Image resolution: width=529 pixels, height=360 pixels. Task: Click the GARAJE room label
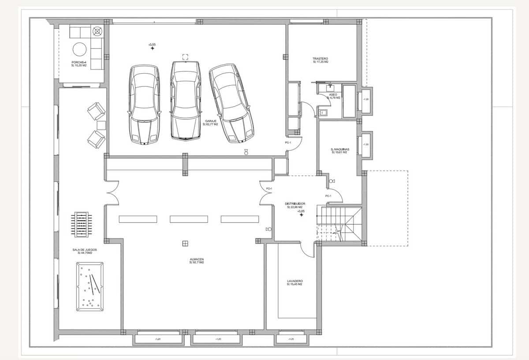[210, 122]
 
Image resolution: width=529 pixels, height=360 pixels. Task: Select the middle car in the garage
[186, 100]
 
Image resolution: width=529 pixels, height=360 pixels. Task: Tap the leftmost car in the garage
[144, 104]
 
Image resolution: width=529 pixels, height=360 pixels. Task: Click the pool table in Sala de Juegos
[90, 286]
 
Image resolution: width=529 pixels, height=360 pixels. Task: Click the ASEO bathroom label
[333, 96]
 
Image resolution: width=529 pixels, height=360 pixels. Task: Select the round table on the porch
[80, 48]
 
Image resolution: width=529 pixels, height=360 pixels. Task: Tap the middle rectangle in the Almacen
[189, 219]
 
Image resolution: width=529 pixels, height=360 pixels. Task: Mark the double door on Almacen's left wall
[112, 193]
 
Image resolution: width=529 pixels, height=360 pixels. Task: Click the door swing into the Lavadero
[307, 249]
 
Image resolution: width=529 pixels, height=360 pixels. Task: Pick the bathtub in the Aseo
[349, 101]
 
